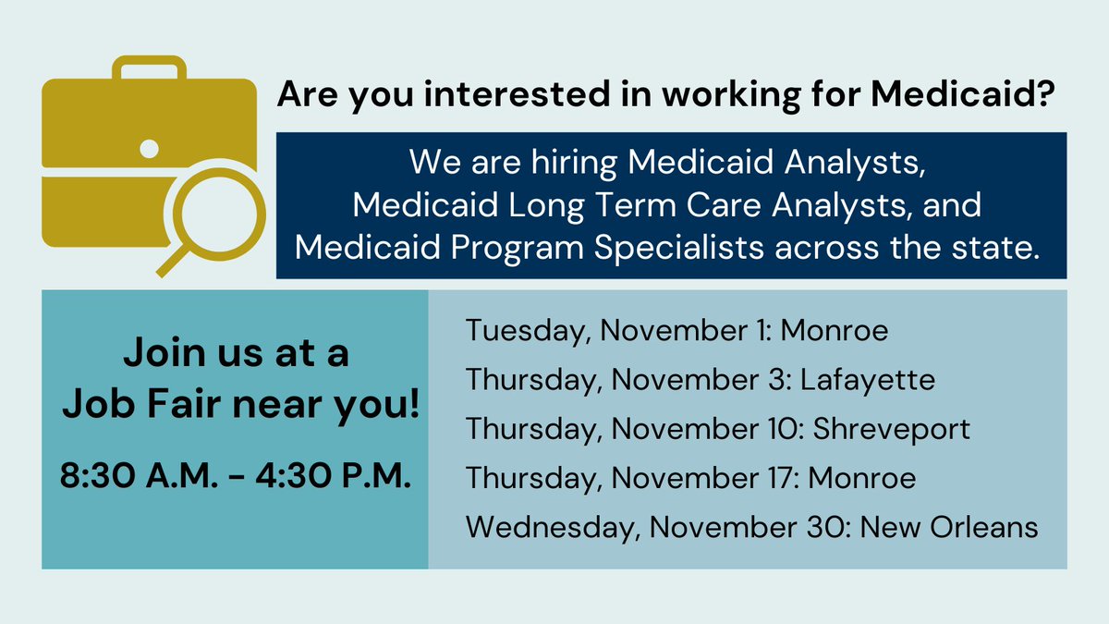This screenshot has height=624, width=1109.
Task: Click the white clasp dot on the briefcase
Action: (x=148, y=147)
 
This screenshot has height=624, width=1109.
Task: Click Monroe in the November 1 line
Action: (x=835, y=330)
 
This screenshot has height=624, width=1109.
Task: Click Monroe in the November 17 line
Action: (x=862, y=478)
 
